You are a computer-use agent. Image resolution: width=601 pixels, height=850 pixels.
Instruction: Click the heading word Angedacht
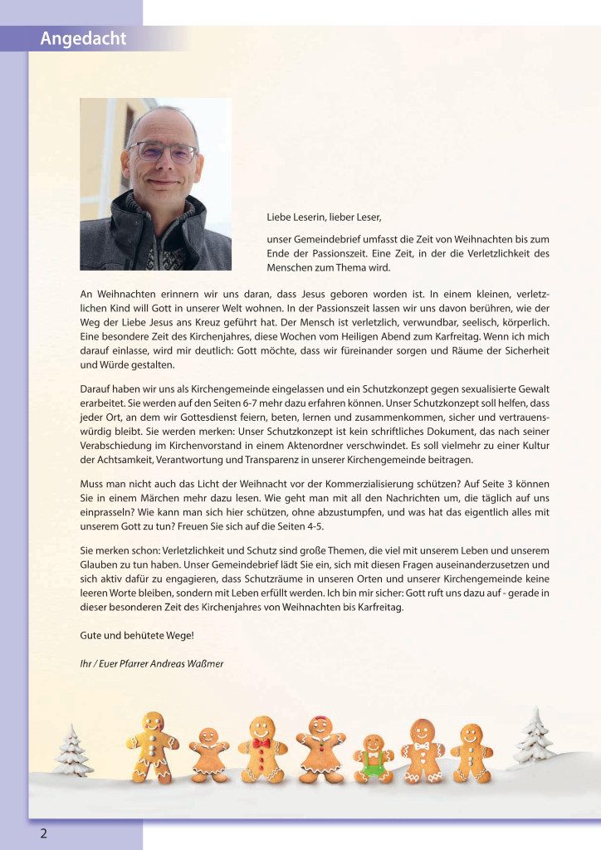[x=83, y=39]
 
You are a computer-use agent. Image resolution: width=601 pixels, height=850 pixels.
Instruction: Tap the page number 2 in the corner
[x=43, y=833]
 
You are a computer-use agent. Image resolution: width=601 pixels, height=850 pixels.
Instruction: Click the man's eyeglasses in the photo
[x=162, y=152]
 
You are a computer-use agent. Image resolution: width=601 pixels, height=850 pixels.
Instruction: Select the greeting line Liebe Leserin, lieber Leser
[x=324, y=217]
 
